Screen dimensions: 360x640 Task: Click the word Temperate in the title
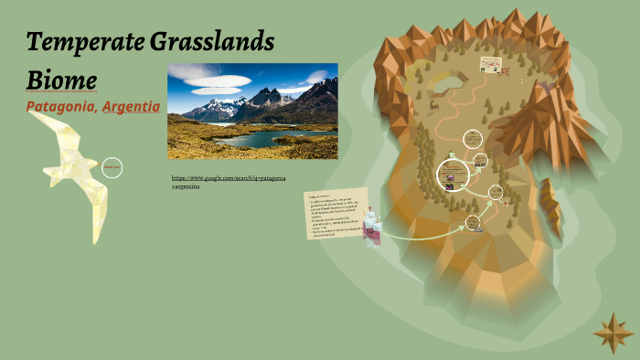80,41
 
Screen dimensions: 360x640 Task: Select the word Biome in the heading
62,79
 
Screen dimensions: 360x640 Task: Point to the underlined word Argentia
132,108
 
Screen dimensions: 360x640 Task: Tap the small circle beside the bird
112,168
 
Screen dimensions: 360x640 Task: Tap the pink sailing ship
372,226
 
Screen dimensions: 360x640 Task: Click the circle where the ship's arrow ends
473,222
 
